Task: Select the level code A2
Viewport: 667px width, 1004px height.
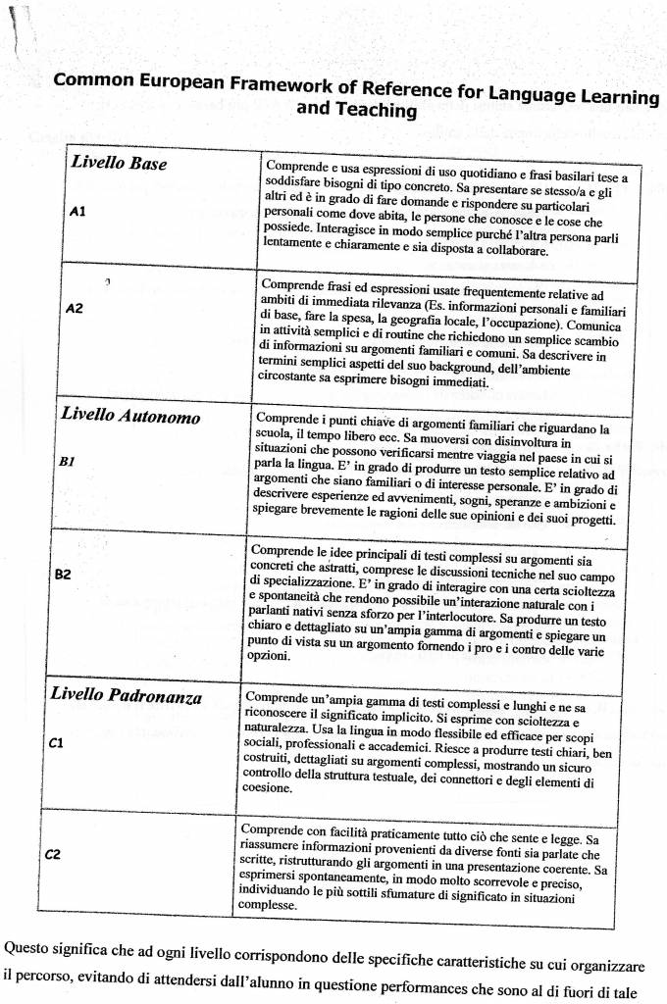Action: coord(73,308)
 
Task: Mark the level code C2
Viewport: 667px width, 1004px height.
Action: coord(54,853)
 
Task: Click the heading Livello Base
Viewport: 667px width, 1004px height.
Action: coord(119,163)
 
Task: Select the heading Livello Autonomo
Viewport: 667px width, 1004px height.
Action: coord(130,416)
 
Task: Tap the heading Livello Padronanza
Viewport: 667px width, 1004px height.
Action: coord(126,697)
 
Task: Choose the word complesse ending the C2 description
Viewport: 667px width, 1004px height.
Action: coord(267,905)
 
